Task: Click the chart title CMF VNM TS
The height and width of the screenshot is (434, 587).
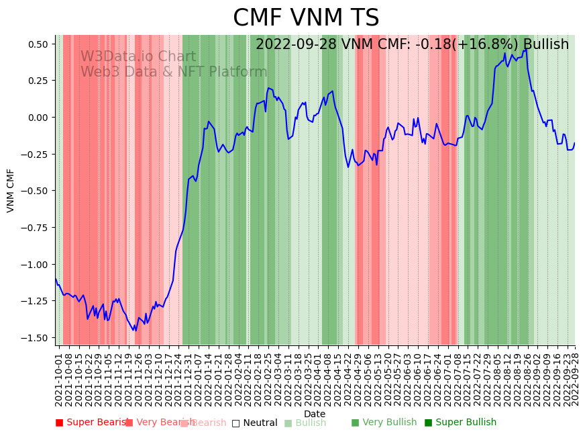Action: [306, 18]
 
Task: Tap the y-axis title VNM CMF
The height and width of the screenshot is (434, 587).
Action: [11, 190]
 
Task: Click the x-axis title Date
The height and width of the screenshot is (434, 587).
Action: [314, 414]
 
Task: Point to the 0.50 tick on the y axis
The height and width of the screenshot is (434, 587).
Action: [38, 44]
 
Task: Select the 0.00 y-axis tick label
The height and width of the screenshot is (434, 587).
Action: [38, 118]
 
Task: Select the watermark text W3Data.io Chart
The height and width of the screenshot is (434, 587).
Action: [138, 57]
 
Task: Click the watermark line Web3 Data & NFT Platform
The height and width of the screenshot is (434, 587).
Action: [174, 72]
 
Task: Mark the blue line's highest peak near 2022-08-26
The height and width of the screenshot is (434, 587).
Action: [525, 49]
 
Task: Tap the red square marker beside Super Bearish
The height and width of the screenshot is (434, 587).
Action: [59, 423]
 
